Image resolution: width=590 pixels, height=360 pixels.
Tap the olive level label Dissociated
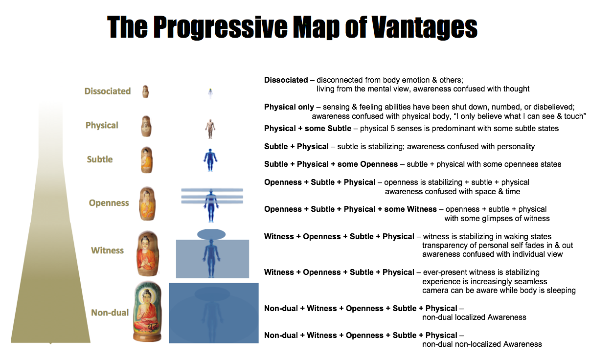(108, 91)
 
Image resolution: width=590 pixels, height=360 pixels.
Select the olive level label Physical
(102, 125)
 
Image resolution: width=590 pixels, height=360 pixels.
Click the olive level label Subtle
(100, 159)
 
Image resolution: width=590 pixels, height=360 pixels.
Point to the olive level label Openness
(109, 203)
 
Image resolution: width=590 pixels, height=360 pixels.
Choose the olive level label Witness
(107, 250)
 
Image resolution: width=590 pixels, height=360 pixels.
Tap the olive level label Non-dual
(110, 313)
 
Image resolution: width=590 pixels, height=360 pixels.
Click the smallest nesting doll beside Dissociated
(145, 91)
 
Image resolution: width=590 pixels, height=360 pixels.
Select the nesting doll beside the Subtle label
(147, 160)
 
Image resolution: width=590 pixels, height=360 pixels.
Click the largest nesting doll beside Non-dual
(148, 312)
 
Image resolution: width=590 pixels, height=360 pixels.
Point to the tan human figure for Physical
(210, 129)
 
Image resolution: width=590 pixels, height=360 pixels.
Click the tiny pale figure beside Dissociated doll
(210, 93)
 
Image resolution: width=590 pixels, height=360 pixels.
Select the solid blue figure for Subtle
(210, 160)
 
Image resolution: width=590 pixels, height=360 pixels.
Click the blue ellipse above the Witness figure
(211, 234)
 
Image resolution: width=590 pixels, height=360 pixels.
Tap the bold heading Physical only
(289, 107)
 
